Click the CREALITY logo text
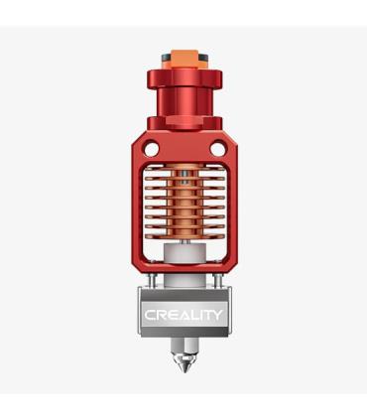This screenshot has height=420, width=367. [183, 315]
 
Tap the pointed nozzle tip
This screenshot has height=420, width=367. [184, 372]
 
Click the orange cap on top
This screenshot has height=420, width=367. [184, 59]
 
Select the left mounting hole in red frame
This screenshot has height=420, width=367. [152, 149]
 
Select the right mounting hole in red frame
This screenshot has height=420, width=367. [218, 149]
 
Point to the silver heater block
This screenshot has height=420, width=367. [183, 312]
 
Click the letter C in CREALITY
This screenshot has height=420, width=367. [150, 315]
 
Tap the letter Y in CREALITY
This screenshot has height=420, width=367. [217, 315]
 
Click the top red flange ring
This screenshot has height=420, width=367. [184, 78]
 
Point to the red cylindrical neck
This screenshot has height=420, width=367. [184, 102]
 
